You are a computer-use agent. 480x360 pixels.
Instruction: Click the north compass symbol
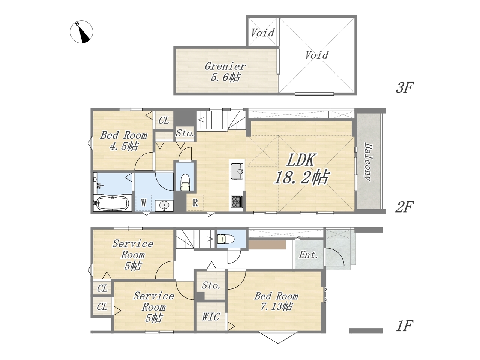point(81,32)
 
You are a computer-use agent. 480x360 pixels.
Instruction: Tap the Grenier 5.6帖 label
point(225,72)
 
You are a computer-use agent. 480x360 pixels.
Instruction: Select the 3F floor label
point(404,87)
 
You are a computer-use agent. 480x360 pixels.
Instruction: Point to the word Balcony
point(368,162)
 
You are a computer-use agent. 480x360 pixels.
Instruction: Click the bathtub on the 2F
point(112,203)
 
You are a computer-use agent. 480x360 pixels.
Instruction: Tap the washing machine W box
point(143,202)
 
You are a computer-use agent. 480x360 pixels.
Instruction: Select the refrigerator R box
point(195,203)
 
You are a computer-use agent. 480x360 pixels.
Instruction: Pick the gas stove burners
point(237,202)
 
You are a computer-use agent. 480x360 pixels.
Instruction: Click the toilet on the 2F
point(185,183)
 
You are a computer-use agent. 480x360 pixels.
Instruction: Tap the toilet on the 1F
point(226,238)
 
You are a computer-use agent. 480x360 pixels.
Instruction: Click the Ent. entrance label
point(308,255)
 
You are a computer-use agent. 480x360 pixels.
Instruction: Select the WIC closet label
point(211,316)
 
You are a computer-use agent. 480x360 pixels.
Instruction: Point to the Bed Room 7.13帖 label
point(276,301)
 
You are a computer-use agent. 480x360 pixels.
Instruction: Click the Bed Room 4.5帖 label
point(124,141)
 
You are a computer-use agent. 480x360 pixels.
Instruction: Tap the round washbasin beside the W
point(164,205)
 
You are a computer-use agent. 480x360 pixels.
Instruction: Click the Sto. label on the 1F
point(211,285)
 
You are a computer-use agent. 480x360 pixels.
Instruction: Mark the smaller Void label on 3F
point(262,33)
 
